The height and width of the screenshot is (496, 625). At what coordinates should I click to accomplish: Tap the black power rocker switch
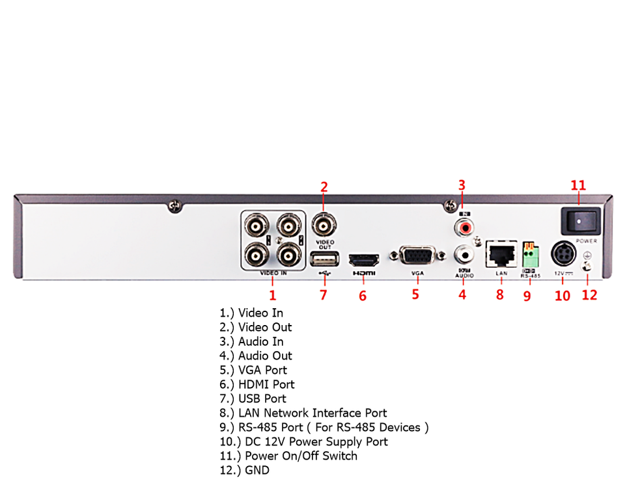(x=578, y=221)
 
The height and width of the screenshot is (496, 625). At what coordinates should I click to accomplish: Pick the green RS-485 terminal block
(x=531, y=255)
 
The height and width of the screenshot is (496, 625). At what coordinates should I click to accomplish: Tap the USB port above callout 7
(x=324, y=259)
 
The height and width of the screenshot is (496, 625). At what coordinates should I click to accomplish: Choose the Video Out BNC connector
(x=324, y=226)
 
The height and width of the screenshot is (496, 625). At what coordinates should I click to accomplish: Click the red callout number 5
(x=415, y=294)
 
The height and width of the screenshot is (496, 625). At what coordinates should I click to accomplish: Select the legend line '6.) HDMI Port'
(x=257, y=384)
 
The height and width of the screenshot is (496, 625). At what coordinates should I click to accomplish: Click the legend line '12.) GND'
(x=244, y=470)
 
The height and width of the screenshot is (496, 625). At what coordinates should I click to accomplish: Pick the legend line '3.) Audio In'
(x=251, y=341)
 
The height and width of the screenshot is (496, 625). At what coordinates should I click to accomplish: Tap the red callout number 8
(x=500, y=294)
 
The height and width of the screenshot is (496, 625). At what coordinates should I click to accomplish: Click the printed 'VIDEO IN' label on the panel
(x=273, y=274)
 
